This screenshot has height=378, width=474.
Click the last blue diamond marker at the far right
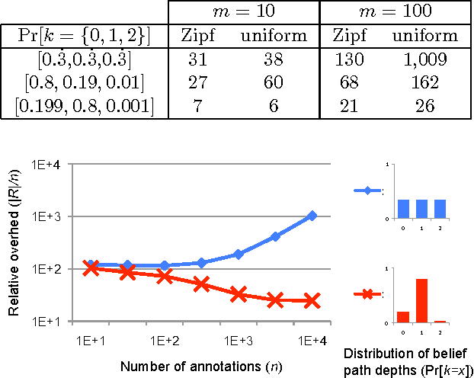point(312,216)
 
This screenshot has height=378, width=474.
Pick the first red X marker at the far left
point(91,267)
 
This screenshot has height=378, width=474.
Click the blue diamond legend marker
point(367,191)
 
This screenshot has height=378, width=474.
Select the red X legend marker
point(367,294)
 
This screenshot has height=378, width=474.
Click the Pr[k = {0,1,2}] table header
point(83,35)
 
